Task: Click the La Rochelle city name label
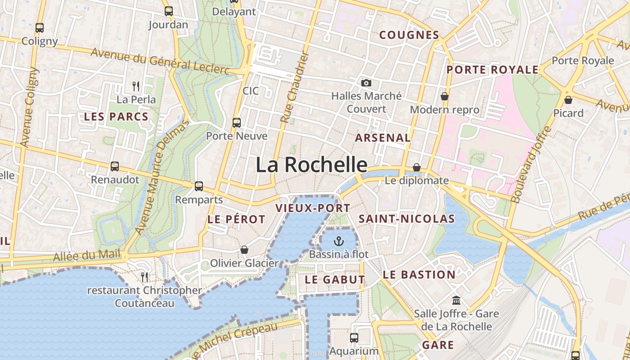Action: coord(311,165)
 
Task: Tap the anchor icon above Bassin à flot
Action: coord(339,242)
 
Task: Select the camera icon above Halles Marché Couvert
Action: coord(366,83)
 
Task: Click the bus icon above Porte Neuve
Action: coord(236,122)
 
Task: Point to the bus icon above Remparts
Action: coord(198,186)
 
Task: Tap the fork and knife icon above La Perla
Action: coord(136,85)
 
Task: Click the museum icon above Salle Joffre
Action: coord(456,300)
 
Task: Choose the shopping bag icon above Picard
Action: coord(568,99)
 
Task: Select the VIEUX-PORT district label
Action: coord(312,208)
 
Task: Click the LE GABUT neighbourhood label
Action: coord(335,279)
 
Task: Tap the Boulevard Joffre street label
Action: coord(531,164)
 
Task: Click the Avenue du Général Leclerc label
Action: coord(160,60)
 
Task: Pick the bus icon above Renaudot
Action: coord(115,166)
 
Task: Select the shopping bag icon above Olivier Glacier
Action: coord(244,249)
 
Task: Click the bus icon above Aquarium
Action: coord(354,337)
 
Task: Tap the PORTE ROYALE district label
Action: coord(492,70)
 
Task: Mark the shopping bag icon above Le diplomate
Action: coord(417,167)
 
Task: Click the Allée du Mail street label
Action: coord(87,256)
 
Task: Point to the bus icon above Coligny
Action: coord(40,27)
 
